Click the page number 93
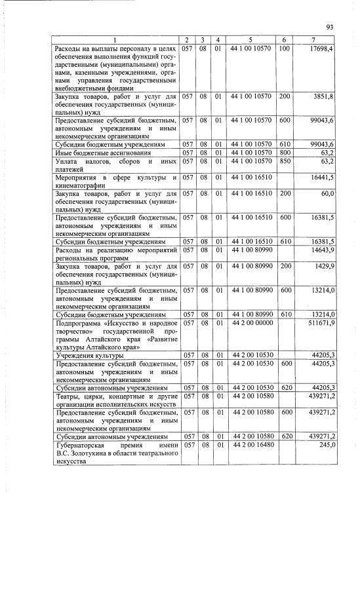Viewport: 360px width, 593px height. point(330,27)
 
